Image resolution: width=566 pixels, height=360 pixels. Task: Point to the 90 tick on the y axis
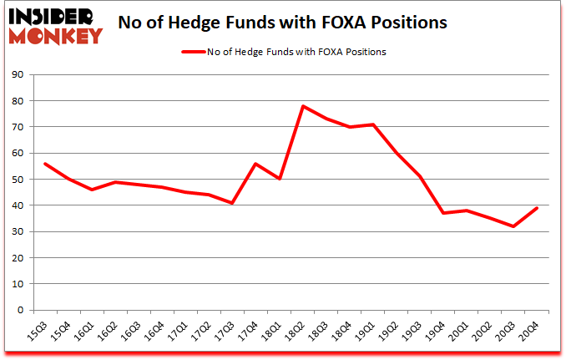tap(18, 75)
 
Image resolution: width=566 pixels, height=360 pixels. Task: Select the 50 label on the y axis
tap(18, 180)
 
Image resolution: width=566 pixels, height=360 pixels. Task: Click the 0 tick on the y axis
tap(21, 310)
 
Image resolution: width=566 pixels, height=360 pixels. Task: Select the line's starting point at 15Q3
tap(44, 164)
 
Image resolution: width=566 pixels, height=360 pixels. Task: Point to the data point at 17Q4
tap(256, 164)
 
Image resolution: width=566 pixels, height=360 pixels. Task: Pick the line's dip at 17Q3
tap(233, 203)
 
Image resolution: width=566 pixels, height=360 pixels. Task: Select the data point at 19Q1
tap(375, 124)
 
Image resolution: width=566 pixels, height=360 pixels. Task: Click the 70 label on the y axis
tap(18, 127)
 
